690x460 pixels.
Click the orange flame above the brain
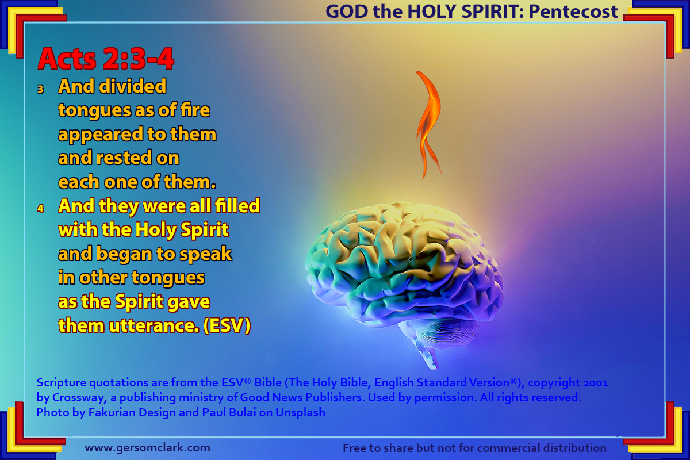coord(428,123)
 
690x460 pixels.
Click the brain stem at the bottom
coord(427,353)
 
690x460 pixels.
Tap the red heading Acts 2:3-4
coord(106,59)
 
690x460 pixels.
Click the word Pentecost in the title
coord(573,11)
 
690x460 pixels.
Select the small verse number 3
coord(40,89)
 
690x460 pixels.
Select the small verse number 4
coord(41,209)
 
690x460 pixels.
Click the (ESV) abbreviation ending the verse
coord(227,325)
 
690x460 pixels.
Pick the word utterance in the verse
coord(154,326)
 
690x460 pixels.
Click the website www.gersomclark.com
coord(148,448)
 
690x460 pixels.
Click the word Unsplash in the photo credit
coord(300,412)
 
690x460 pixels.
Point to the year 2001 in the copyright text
coord(596,383)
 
